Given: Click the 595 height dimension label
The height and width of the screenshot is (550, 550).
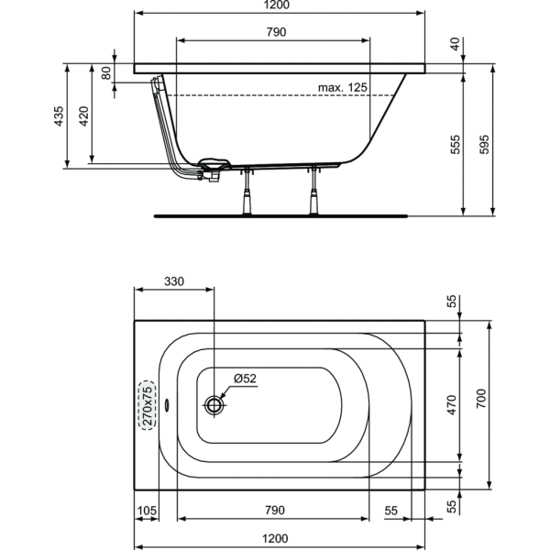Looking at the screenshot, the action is click(484, 144).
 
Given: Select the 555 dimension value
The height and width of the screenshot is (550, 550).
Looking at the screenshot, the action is click(455, 144).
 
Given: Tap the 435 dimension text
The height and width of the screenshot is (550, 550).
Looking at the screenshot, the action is click(59, 116).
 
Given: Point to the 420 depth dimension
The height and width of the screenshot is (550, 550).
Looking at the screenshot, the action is click(83, 116).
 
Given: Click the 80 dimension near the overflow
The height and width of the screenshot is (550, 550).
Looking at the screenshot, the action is click(106, 73).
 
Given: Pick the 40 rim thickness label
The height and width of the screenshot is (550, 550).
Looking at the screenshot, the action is click(455, 44).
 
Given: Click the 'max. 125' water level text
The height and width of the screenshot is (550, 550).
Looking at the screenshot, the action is click(342, 87).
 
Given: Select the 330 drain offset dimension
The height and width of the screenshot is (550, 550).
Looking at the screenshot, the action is click(174, 281).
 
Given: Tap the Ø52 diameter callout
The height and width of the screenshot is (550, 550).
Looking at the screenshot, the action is click(245, 378).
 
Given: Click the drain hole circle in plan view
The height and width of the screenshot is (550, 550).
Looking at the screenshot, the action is click(214, 405).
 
